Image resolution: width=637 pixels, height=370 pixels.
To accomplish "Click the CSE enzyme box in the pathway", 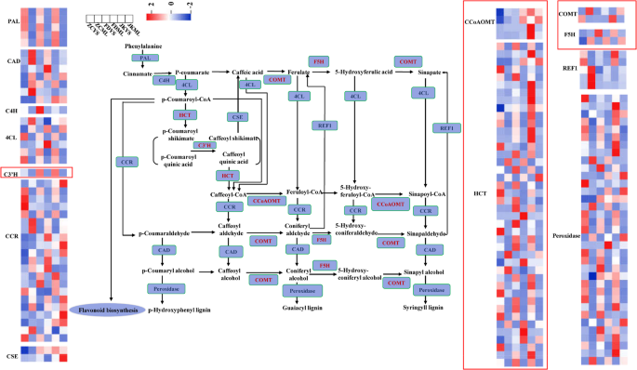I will (x=238, y=116).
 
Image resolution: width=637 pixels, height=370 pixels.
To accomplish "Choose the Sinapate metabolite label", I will (x=429, y=71).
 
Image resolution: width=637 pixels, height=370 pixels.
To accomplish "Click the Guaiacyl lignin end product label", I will (x=301, y=308).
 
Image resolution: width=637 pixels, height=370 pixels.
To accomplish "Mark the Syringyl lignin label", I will (x=428, y=308).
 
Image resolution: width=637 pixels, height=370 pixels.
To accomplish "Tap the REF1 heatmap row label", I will (x=569, y=69).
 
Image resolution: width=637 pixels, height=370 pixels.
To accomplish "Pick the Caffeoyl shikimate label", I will (x=238, y=137).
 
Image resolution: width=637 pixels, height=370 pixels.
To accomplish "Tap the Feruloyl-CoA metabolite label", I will (x=300, y=194).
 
